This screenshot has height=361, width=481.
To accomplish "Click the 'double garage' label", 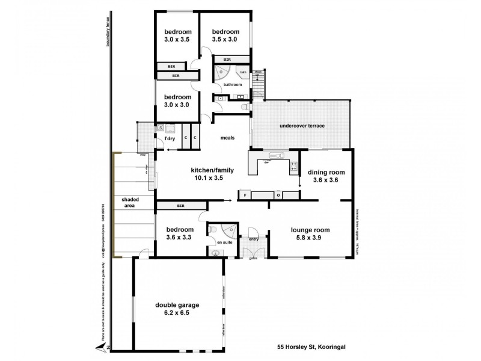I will (177, 305).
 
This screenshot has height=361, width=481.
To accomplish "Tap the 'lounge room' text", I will (310, 230).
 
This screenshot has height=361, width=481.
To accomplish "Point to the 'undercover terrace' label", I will (302, 126).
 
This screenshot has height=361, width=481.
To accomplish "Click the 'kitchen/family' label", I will (212, 170).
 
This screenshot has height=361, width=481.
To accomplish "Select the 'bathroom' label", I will (233, 85).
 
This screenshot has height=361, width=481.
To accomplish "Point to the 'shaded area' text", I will (129, 202).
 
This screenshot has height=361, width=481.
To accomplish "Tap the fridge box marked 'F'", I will (245, 195).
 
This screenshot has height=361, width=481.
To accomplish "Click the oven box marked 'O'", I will (278, 195).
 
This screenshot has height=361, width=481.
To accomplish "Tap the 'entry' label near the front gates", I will (253, 239).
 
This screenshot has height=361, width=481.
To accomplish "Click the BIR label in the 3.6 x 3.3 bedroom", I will (180, 206).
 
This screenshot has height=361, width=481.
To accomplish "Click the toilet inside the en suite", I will (215, 253).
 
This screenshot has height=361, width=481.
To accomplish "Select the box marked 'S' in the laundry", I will (161, 128).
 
